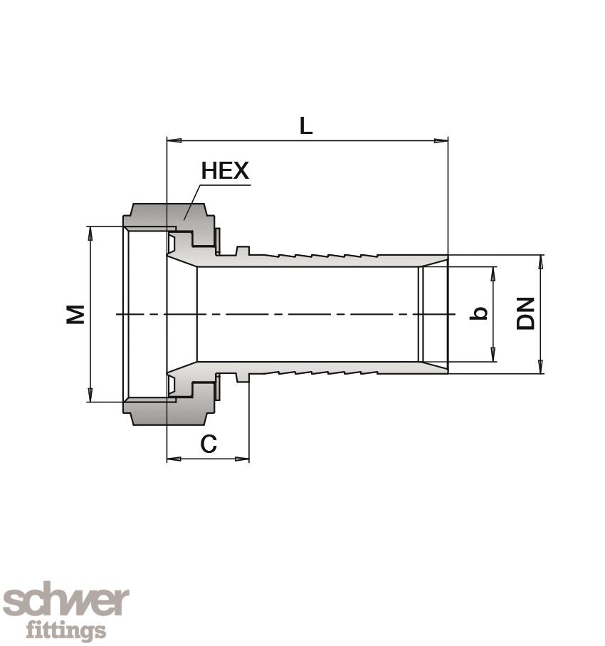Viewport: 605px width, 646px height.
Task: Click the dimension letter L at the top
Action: coord(305,126)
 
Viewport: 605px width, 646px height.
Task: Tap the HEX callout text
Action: coord(225,171)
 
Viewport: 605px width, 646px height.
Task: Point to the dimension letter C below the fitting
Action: coord(208,444)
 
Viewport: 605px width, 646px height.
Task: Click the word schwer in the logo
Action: coord(65,603)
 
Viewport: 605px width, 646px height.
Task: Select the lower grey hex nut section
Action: coord(168,412)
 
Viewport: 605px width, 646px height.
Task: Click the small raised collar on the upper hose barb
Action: coord(242,250)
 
